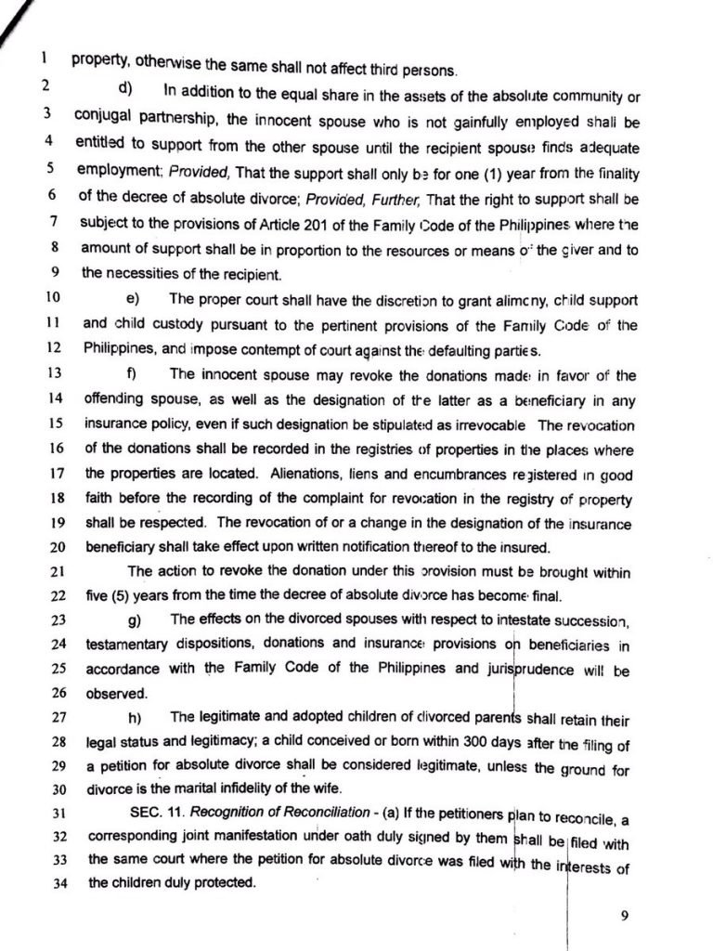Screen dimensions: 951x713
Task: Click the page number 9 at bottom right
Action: pos(625,915)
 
